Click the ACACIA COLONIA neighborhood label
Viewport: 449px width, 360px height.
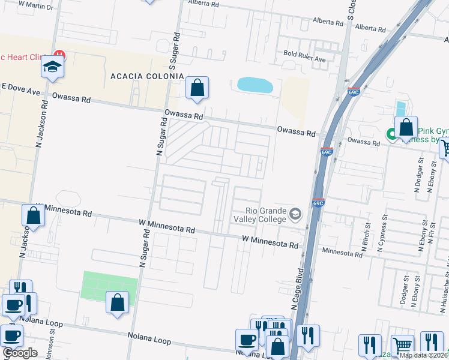[147, 76]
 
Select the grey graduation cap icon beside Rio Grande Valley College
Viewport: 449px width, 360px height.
[295, 214]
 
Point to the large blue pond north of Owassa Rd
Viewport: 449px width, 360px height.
[255, 85]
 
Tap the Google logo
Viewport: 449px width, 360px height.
[20, 353]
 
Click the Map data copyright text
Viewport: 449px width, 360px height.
[424, 355]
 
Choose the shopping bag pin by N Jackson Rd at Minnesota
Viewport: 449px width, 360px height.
[33, 216]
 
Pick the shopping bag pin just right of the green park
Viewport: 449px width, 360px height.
[118, 303]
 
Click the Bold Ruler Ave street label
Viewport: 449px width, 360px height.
[304, 60]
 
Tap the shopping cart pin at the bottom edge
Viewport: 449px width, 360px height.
[403, 347]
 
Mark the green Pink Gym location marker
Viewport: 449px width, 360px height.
[392, 134]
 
